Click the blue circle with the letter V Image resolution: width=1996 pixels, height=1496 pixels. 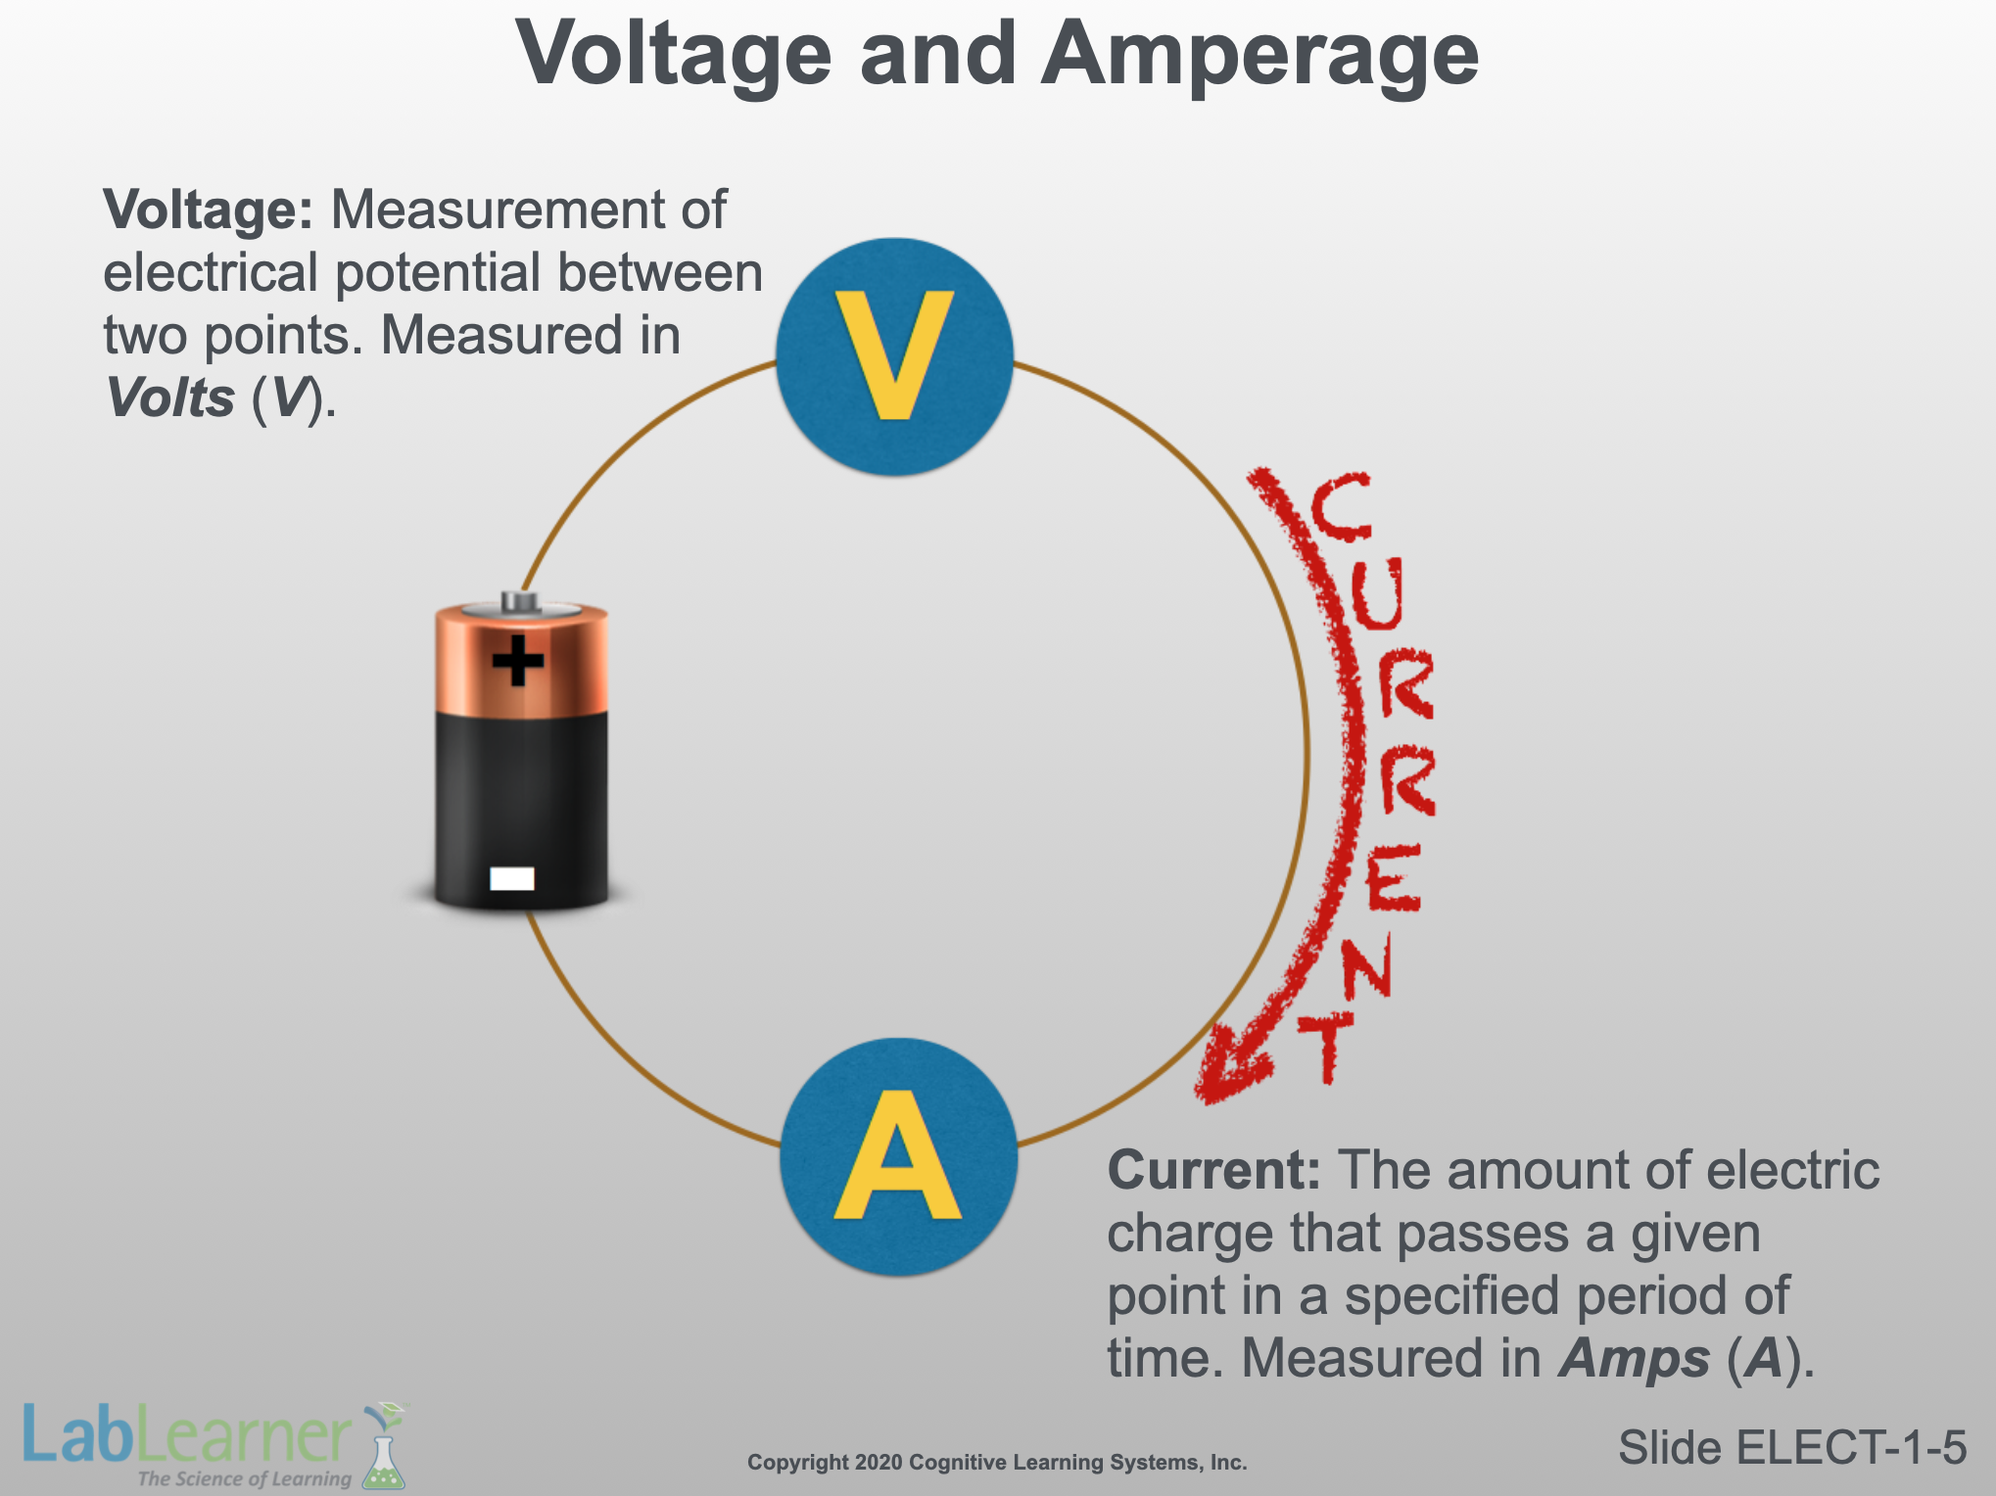point(894,356)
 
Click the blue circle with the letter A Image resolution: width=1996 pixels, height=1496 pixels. point(898,1156)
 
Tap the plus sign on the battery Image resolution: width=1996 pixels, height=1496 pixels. point(518,660)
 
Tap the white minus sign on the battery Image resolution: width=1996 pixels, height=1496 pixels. point(512,878)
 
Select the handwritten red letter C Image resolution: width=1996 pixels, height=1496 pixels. point(1340,506)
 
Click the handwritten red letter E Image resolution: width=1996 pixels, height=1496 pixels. point(1393,877)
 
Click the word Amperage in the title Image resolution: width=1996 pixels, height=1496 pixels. point(1259,54)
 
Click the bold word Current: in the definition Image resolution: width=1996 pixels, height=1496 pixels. point(1213,1170)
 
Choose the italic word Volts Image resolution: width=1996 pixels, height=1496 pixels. point(169,398)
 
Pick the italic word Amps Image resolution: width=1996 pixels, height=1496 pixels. point(1634,1359)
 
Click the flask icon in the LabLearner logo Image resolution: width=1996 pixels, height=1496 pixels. point(383,1453)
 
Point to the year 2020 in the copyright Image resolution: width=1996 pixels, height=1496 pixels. point(879,1463)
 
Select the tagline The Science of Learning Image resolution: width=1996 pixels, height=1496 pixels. point(244,1478)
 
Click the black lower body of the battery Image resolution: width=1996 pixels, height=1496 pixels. point(521,803)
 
